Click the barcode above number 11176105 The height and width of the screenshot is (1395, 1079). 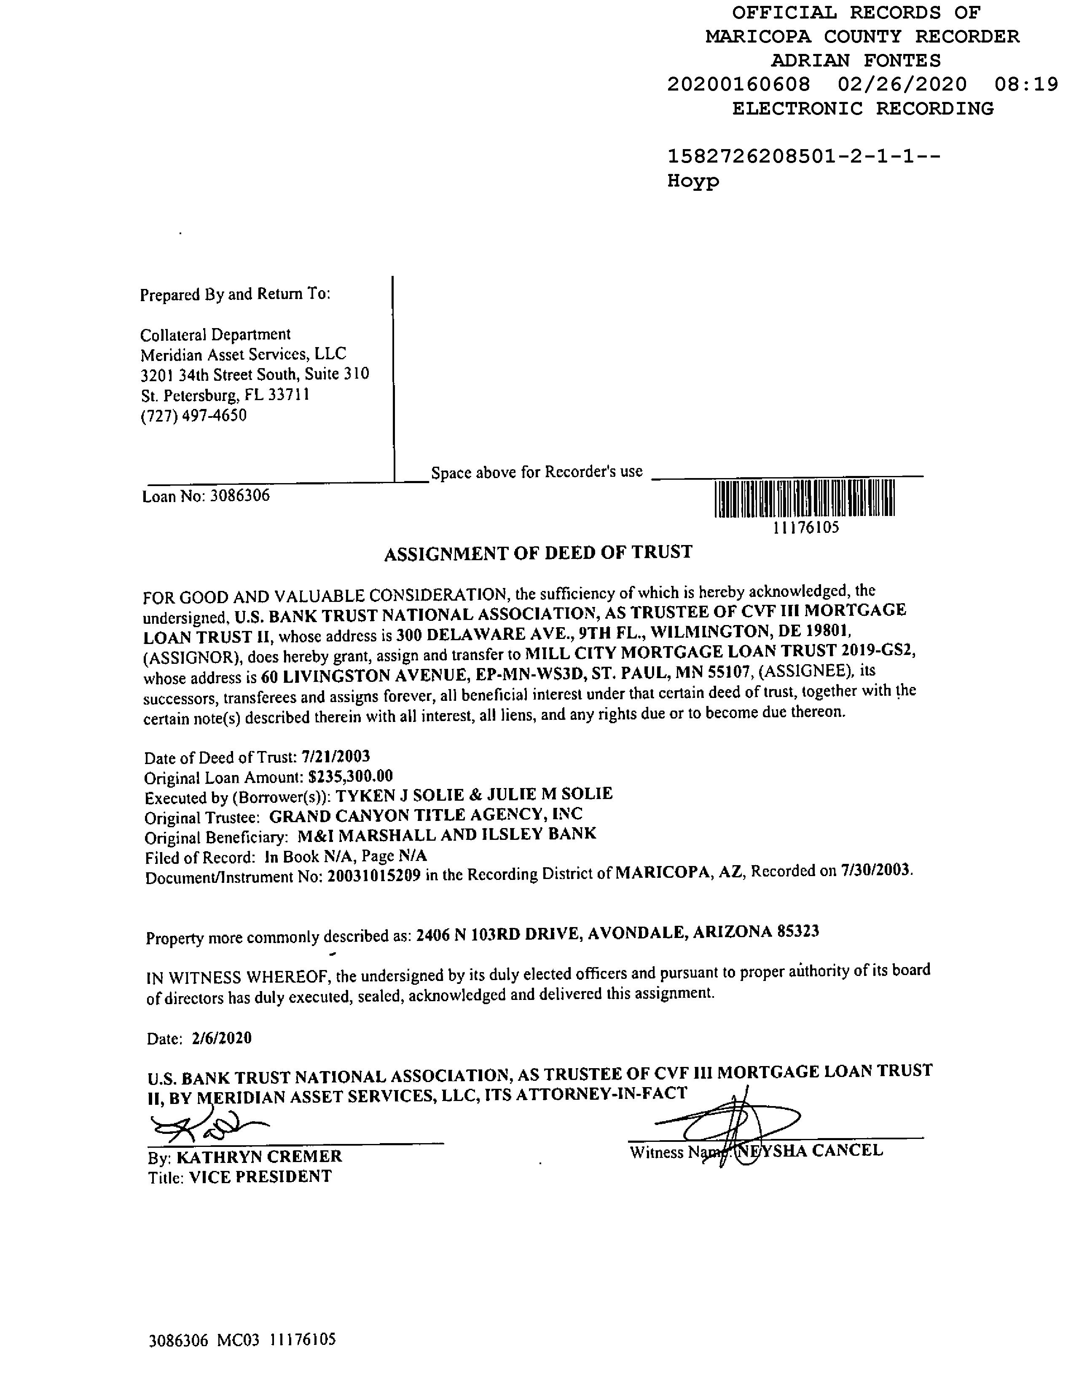tap(804, 498)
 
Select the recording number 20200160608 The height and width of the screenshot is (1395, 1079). tap(738, 84)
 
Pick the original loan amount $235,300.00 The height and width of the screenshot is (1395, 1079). tap(350, 776)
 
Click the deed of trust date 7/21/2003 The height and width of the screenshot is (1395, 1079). tap(336, 756)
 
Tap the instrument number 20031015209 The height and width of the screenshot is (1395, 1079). tap(374, 875)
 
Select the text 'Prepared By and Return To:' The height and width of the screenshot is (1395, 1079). tap(235, 294)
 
